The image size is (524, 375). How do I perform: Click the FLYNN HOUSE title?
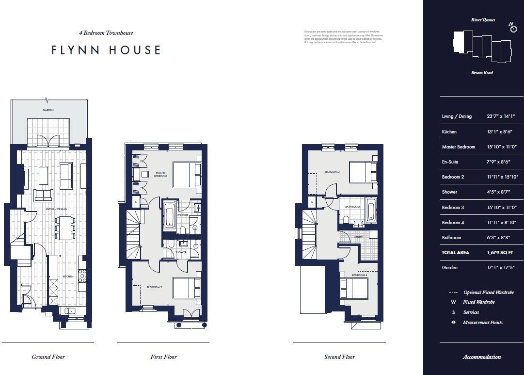click(x=106, y=50)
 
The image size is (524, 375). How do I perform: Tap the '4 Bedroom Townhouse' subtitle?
click(x=106, y=33)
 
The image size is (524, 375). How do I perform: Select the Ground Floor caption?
click(x=48, y=357)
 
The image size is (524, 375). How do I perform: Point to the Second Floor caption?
click(x=339, y=357)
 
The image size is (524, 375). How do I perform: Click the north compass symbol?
click(x=513, y=28)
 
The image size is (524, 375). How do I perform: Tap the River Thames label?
click(x=483, y=20)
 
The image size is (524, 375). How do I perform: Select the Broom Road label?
click(x=482, y=73)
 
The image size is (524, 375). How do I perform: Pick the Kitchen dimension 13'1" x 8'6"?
click(x=499, y=132)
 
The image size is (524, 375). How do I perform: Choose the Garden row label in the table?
click(x=449, y=268)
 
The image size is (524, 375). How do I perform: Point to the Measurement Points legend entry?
click(x=482, y=323)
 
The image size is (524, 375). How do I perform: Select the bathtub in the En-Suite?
click(x=170, y=216)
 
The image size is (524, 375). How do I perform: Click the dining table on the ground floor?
click(x=64, y=228)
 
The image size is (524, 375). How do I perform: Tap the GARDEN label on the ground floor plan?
click(x=48, y=111)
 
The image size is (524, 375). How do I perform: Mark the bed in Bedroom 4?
click(x=354, y=288)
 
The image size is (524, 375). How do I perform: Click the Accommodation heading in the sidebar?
click(x=481, y=357)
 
